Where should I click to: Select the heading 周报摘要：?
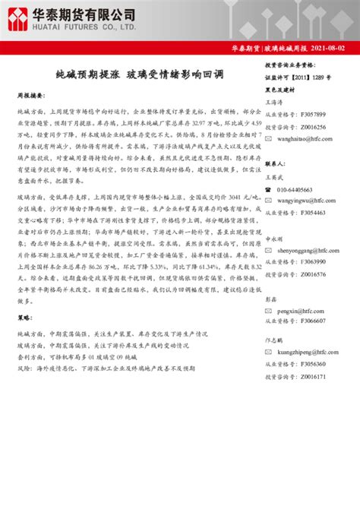point(31,96)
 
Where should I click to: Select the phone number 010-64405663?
point(300,190)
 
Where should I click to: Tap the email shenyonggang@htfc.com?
point(306,250)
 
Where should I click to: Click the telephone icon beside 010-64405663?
point(270,190)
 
